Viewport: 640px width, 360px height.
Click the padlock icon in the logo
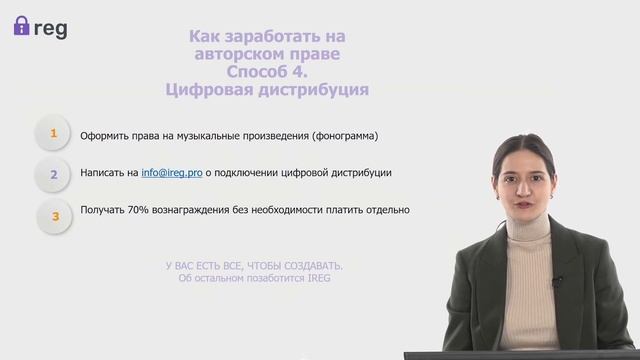(21, 26)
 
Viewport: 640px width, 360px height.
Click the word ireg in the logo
(51, 27)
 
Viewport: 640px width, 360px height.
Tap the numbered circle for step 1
(53, 134)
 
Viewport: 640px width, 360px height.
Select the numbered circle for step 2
(53, 173)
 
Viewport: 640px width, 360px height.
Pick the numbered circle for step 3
(55, 213)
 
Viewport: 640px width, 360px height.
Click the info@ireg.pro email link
(171, 173)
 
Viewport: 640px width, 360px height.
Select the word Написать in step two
(103, 173)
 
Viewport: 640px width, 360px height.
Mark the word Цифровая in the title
(204, 90)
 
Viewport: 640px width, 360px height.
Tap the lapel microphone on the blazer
(556, 282)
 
